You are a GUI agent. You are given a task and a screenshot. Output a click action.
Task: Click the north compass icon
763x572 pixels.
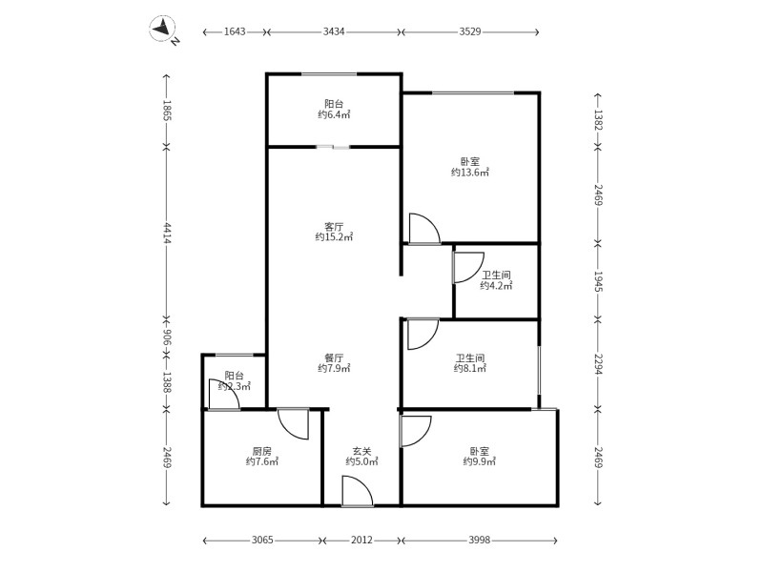[164, 29]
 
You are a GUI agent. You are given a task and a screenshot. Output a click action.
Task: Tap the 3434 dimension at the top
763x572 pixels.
[334, 31]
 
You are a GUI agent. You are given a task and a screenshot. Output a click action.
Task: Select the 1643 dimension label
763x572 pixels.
[235, 31]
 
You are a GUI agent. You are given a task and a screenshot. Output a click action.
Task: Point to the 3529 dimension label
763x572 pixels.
[470, 31]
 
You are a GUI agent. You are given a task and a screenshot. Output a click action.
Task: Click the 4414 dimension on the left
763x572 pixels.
[166, 233]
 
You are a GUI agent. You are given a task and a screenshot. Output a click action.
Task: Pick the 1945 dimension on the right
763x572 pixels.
[598, 281]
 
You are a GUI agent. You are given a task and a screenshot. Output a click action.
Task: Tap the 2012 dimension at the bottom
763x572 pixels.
[361, 540]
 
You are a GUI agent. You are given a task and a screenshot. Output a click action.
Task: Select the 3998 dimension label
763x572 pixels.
[480, 540]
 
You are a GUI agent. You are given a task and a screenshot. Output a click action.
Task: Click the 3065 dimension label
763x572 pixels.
[262, 540]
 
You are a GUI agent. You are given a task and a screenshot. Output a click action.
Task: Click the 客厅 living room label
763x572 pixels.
[335, 227]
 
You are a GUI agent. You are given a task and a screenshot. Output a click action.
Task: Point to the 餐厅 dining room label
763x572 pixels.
[335, 358]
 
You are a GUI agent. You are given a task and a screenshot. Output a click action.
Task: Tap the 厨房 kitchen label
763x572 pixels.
[262, 451]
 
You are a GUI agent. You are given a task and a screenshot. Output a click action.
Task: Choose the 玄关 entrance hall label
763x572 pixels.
[362, 451]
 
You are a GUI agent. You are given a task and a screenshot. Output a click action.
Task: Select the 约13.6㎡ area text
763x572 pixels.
[470, 173]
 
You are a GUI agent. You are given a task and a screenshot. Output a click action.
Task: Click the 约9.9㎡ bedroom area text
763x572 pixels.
[480, 461]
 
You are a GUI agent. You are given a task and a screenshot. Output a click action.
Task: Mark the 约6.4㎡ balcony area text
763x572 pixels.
[335, 114]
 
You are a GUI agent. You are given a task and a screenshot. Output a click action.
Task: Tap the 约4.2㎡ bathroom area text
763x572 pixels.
[496, 286]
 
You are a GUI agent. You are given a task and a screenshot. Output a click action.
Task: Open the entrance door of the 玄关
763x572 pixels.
[358, 492]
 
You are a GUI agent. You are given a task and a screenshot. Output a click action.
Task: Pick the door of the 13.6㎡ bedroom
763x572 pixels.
[424, 229]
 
